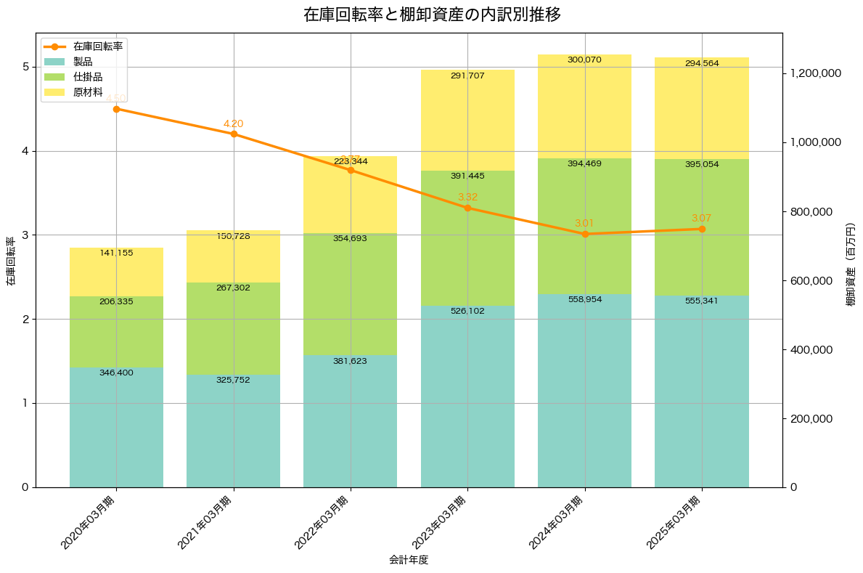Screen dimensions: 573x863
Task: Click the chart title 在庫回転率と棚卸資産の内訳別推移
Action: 432,15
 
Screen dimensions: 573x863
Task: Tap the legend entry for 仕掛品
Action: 88,76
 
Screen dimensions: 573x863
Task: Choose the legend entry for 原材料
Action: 88,92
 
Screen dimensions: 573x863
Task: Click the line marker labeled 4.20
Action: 234,134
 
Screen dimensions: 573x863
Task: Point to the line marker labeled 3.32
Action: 467,208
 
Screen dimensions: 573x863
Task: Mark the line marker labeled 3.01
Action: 585,234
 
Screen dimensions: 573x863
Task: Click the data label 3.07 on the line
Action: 702,218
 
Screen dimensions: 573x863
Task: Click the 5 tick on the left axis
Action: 25,67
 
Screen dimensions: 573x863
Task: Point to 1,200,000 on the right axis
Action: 815,73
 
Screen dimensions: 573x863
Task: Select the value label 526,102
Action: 467,311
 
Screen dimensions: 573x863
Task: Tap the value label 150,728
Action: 234,236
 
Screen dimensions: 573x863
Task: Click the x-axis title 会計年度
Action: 409,560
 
